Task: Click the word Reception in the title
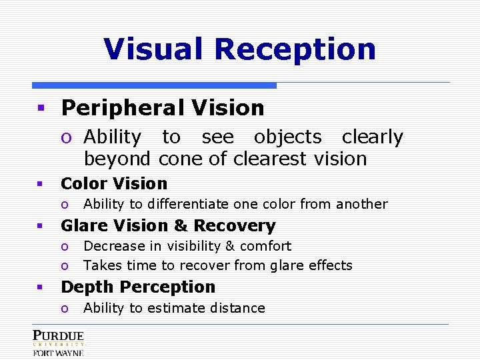(x=295, y=49)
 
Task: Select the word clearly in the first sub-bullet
(x=372, y=137)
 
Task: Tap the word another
(x=363, y=204)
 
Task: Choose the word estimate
(x=173, y=308)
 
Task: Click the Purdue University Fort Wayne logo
(x=58, y=343)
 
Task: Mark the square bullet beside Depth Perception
(x=40, y=287)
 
